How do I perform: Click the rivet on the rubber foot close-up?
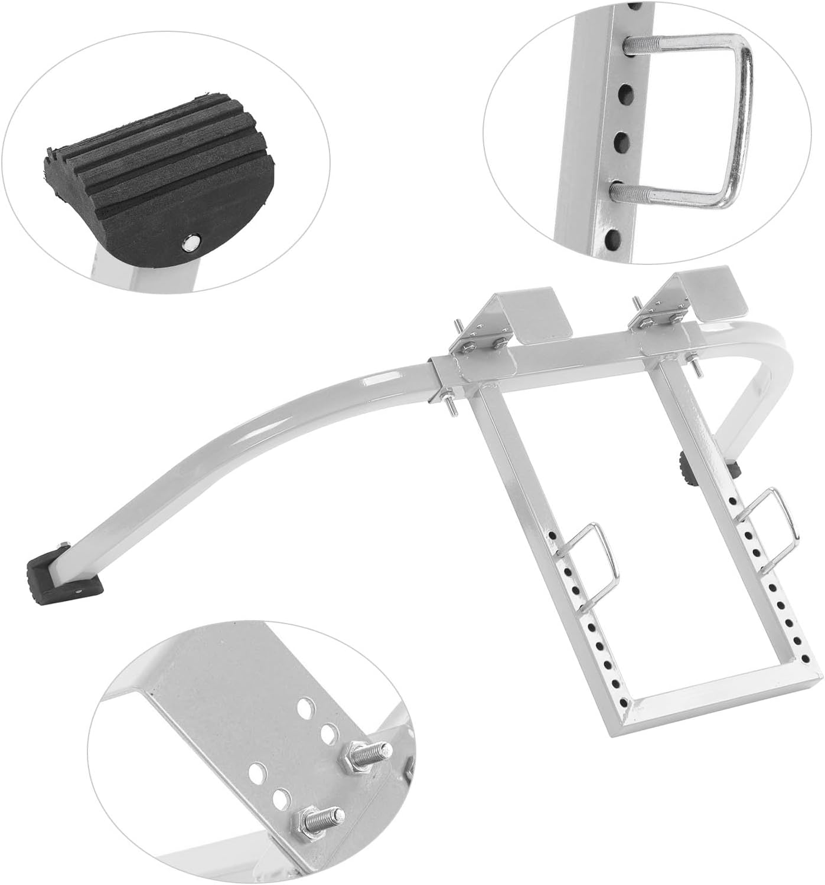(x=190, y=241)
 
